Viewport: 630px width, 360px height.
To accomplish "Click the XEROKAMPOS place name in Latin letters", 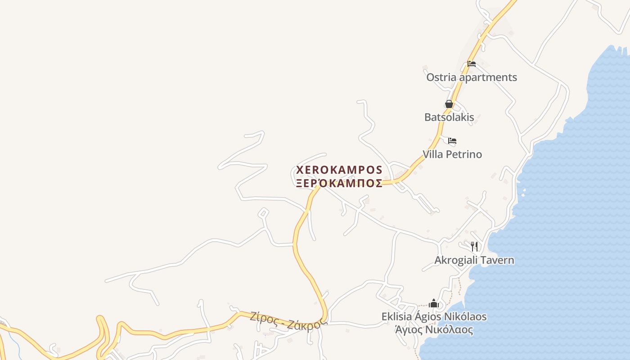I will [339, 170].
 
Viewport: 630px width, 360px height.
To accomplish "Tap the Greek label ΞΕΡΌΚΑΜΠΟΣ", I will [339, 183].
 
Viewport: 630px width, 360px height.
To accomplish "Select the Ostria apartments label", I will [472, 77].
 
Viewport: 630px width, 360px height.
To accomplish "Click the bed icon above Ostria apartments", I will [472, 63].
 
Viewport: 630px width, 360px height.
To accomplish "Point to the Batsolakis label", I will [449, 117].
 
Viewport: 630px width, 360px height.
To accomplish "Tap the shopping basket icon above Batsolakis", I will [449, 104].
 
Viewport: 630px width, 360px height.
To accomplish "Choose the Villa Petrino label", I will [452, 154].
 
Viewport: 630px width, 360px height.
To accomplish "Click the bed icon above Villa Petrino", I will [452, 141].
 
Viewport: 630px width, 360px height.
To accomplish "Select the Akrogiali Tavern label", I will [474, 260].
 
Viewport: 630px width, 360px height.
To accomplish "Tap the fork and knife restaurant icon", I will [474, 246].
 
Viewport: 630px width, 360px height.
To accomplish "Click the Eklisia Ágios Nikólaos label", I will [434, 317].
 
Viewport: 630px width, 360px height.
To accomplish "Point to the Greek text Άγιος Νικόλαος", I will [434, 330].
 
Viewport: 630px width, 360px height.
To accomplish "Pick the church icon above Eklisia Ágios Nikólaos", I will [434, 304].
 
